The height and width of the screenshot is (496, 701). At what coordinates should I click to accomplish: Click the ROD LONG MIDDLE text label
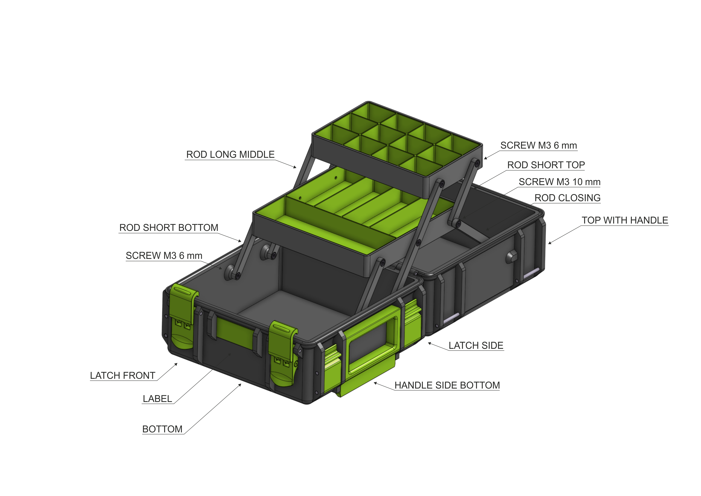[x=231, y=155]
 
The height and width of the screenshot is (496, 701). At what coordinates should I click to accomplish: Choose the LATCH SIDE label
[x=476, y=346]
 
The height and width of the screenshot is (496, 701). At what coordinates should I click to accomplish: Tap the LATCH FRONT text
[x=123, y=376]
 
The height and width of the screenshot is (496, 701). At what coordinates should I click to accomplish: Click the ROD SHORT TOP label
[x=546, y=165]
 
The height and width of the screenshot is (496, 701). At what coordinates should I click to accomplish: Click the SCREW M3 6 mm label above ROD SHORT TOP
[x=539, y=145]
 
